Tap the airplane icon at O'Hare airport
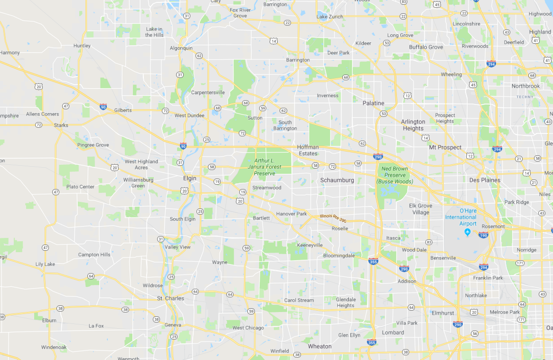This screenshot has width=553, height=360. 468,232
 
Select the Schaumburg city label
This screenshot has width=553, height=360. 337,180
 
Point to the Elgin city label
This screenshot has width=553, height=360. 189,179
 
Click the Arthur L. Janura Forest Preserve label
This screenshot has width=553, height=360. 268,167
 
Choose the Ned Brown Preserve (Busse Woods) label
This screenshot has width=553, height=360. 394,175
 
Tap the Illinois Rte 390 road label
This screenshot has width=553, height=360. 333,218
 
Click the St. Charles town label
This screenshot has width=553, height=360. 170,299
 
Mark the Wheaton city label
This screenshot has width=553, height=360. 320,347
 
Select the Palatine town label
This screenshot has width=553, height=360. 373,103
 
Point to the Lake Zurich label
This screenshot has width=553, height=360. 329,17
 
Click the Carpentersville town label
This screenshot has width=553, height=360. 208,92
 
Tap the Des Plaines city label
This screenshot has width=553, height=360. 485,180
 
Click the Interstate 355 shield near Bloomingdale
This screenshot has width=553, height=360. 373,261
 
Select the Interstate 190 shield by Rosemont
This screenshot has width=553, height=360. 483,235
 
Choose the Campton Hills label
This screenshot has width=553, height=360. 94,255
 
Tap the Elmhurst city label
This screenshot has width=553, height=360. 443,313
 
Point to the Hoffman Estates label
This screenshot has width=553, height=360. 308,150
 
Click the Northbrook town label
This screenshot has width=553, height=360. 525,86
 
